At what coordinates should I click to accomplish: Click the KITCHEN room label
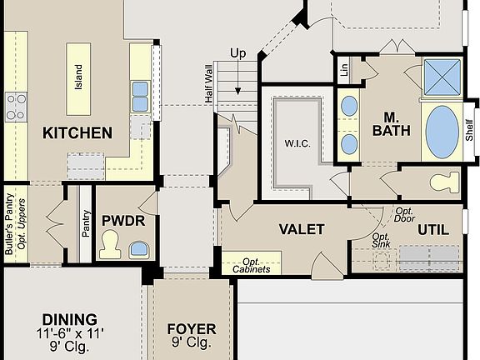[77, 132]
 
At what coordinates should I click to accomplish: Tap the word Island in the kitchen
[79, 77]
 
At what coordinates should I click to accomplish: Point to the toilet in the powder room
[110, 244]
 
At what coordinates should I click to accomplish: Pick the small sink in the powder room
[138, 248]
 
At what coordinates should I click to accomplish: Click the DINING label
[69, 320]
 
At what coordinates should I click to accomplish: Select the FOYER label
[191, 329]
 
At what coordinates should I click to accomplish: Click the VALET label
[301, 228]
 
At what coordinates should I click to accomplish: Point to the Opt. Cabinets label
[251, 265]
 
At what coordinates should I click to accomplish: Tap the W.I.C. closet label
[297, 142]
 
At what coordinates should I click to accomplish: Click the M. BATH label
[391, 123]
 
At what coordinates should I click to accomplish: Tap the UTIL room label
[432, 229]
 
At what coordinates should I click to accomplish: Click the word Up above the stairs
[237, 54]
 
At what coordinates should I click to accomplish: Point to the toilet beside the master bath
[443, 181]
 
